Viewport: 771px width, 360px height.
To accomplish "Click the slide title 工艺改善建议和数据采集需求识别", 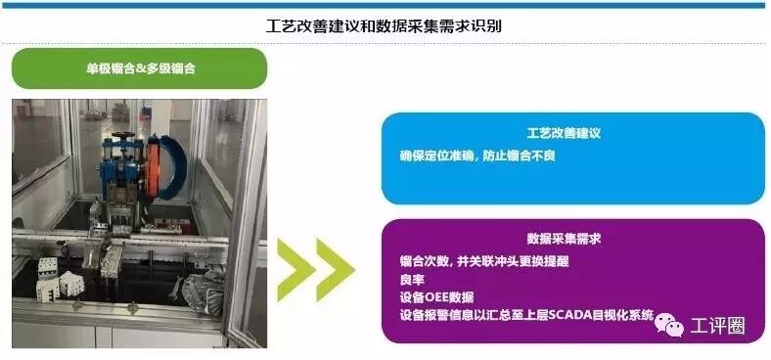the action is click(x=384, y=25).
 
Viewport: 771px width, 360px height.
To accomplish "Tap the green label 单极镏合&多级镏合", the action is click(x=141, y=68).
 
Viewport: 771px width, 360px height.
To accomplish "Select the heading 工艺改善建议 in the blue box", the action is click(x=564, y=133).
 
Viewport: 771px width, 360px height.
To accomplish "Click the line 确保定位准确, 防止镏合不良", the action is click(x=477, y=157).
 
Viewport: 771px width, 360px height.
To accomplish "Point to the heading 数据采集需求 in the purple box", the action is click(x=564, y=239).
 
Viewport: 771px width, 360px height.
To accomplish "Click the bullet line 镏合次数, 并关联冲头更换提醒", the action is click(x=484, y=261).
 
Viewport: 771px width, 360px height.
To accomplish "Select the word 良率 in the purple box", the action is click(x=412, y=280).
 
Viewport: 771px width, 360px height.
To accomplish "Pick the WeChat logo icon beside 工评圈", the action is click(x=668, y=324).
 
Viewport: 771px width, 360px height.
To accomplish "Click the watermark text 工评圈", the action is click(x=717, y=326).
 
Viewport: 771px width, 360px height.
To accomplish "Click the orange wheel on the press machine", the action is click(x=153, y=167).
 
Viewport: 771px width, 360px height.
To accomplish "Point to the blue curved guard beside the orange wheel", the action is click(x=174, y=167).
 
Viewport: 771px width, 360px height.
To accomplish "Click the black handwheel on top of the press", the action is click(x=120, y=135).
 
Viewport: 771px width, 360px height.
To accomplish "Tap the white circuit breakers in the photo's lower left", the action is click(x=58, y=279).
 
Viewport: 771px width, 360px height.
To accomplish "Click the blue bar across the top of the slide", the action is click(x=385, y=6).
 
